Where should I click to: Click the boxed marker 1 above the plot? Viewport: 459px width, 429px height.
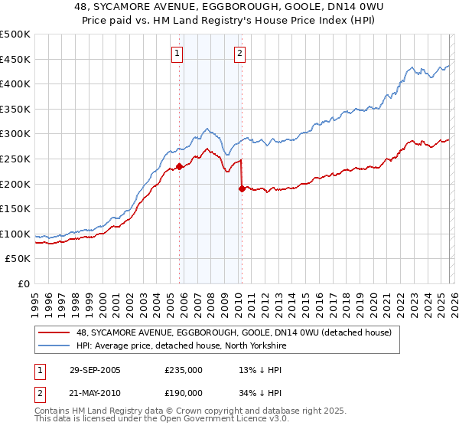[x=177, y=53]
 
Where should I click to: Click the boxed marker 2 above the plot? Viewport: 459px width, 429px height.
[x=239, y=53]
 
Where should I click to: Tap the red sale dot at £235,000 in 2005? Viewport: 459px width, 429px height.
[x=180, y=165]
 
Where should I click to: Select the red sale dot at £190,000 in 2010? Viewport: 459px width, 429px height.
[x=243, y=188]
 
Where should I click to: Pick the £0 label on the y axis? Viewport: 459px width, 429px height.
[x=24, y=283]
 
